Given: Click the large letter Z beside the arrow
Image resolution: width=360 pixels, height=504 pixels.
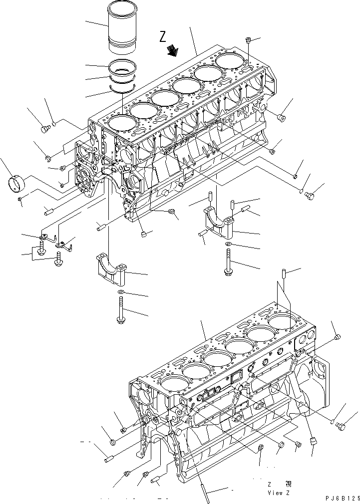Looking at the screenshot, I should coord(163,36).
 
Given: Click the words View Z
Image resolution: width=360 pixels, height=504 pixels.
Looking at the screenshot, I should coord(278,493).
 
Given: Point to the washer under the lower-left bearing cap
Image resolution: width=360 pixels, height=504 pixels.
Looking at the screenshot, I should coord(121,291).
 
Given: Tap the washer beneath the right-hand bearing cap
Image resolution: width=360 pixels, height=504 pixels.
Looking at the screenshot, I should coord(227,244).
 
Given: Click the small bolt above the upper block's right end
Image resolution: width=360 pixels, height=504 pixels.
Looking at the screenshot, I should coord(249,40).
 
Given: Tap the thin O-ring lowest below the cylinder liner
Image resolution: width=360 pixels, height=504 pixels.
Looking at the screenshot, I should coord(122,89).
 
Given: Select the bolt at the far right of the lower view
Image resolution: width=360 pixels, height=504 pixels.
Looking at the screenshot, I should coord(342,426).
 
